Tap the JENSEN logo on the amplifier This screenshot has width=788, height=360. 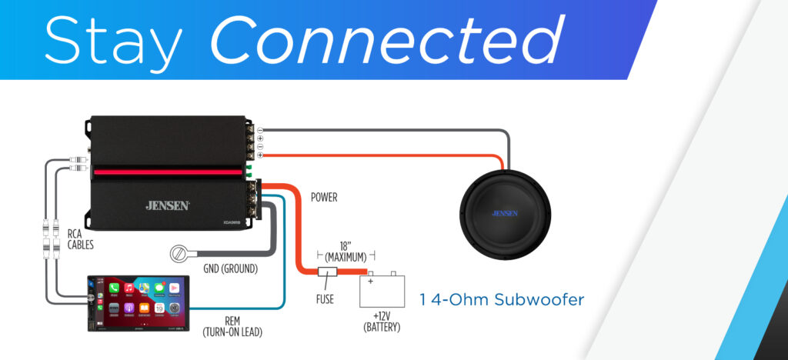pos(169,205)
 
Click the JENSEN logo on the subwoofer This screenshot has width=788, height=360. pos(505,213)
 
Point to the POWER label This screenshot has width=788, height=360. pos(324,198)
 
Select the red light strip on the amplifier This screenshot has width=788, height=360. pos(169,171)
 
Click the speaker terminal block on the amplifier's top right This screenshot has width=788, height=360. pos(252,142)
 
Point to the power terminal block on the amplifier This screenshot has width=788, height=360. pos(253,198)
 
